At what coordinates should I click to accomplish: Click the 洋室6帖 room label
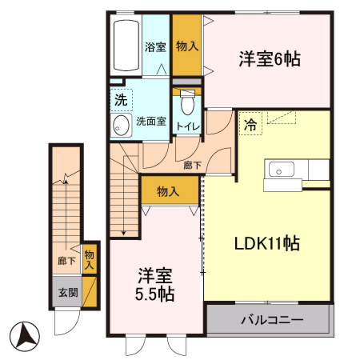pos(269,58)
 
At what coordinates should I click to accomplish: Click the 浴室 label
pos(155,47)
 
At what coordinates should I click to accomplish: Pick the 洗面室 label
pos(150,122)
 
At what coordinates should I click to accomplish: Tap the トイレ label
pos(188,126)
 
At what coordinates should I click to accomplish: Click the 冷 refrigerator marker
pos(250,125)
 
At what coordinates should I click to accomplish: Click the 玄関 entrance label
pos(67,292)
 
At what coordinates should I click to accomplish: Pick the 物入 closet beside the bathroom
pos(187,47)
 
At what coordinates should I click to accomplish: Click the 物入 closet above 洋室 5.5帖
pos(168,191)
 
